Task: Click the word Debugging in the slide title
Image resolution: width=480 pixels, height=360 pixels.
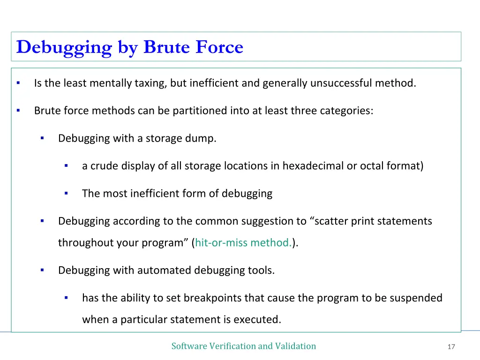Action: [x=64, y=48]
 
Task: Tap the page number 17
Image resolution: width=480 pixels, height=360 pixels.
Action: [x=451, y=347]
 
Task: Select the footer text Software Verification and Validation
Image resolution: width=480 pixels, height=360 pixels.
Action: [x=244, y=346]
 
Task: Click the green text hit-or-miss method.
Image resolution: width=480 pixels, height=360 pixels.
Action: [x=244, y=243]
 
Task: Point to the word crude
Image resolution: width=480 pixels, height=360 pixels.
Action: [x=103, y=166]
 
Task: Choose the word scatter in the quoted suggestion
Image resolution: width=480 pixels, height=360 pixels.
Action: [x=330, y=221]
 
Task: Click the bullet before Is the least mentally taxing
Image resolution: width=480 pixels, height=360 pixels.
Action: [x=18, y=83]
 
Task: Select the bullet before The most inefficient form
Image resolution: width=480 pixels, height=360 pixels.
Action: [x=66, y=193]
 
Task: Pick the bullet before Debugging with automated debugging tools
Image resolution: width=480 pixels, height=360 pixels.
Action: [x=42, y=270]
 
